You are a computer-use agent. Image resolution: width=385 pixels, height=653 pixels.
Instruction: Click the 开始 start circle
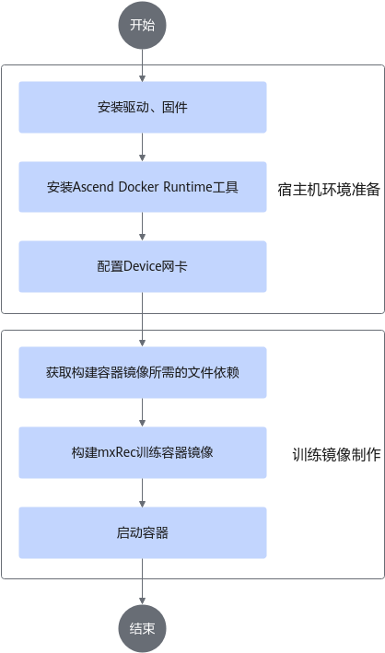pyautogui.click(x=143, y=26)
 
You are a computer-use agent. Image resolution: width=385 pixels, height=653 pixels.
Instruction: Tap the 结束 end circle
pyautogui.click(x=143, y=628)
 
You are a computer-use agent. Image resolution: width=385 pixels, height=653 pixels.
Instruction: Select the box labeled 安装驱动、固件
pyautogui.click(x=143, y=108)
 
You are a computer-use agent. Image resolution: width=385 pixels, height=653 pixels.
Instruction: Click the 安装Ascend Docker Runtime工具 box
pyautogui.click(x=143, y=187)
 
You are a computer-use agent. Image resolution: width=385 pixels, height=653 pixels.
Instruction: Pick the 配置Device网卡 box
pyautogui.click(x=143, y=266)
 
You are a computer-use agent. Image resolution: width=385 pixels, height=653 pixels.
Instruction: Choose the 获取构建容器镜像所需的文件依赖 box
pyautogui.click(x=143, y=372)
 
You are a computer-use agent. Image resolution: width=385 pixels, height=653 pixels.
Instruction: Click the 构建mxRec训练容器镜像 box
pyautogui.click(x=143, y=452)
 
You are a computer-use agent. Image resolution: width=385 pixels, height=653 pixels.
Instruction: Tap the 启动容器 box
pyautogui.click(x=143, y=532)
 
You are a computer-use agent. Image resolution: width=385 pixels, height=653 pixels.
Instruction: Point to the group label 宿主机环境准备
pyautogui.click(x=329, y=190)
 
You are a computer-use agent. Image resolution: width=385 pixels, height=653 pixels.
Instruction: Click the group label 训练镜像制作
pyautogui.click(x=337, y=454)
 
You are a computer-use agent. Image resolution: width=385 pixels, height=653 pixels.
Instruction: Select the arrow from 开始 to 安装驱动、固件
pyautogui.click(x=143, y=65)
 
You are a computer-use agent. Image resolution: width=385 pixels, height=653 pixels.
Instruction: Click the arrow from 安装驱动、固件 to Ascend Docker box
pyautogui.click(x=143, y=147)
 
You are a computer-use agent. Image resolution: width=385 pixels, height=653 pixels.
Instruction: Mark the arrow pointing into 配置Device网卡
pyautogui.click(x=143, y=227)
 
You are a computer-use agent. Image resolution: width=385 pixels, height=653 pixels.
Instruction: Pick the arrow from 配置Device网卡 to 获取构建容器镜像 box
pyautogui.click(x=143, y=320)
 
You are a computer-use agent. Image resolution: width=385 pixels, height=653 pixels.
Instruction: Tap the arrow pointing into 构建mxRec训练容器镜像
pyautogui.click(x=143, y=413)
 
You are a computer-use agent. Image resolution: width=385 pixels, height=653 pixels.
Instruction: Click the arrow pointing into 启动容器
pyautogui.click(x=143, y=493)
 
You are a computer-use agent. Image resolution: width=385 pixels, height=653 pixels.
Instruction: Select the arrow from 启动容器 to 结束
pyautogui.click(x=143, y=581)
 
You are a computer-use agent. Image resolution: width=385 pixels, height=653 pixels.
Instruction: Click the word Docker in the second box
pyautogui.click(x=139, y=187)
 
